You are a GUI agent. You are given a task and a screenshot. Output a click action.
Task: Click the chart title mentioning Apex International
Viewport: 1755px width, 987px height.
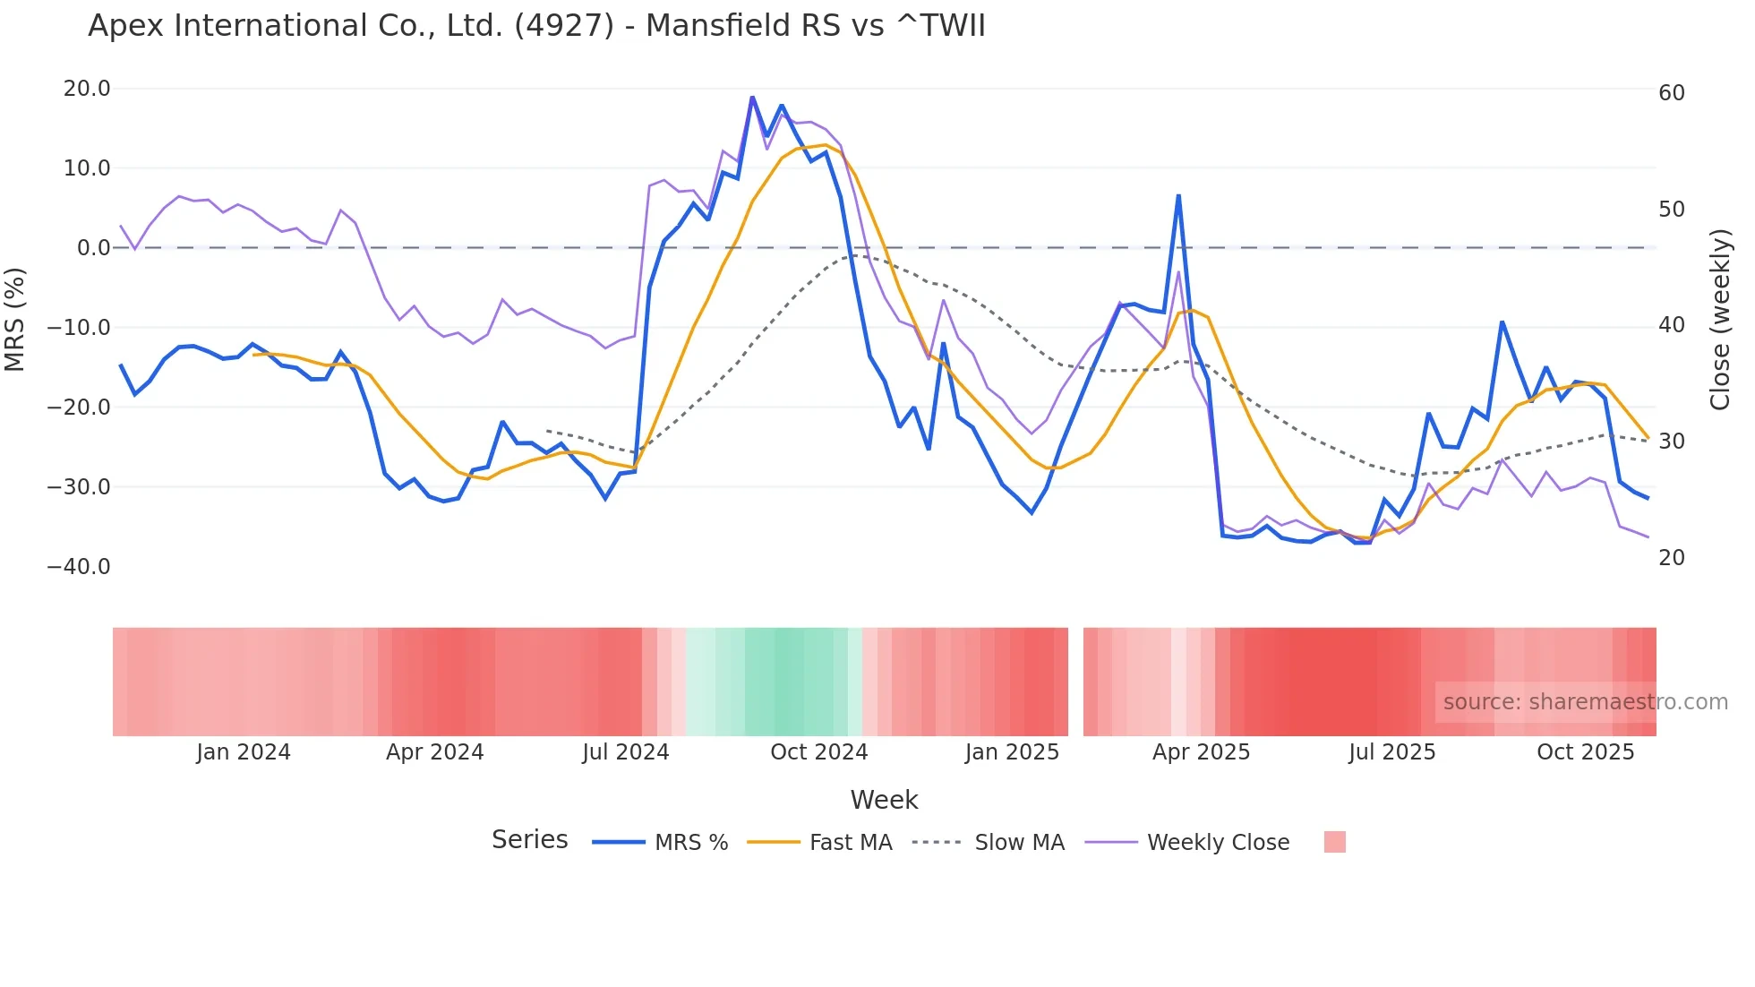535,26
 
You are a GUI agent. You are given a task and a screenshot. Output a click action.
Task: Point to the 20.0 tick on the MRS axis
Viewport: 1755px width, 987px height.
87,89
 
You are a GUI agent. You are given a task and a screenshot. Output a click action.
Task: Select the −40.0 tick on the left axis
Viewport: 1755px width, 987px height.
79,567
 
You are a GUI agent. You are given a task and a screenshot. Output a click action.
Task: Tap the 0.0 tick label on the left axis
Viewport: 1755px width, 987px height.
93,248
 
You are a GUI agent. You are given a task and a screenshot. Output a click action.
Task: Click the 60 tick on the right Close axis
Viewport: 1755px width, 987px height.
1671,93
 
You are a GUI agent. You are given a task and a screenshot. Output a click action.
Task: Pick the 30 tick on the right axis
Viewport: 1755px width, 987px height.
1671,442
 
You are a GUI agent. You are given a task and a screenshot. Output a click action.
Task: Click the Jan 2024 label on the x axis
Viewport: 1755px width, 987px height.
244,752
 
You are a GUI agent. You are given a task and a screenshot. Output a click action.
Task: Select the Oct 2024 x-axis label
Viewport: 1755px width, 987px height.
818,752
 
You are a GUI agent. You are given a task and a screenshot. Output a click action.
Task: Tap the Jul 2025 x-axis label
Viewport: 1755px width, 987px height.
1391,752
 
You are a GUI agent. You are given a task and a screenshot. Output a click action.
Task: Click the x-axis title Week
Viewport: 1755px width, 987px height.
884,800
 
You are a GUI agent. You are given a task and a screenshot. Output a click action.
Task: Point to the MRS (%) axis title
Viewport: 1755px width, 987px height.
15,320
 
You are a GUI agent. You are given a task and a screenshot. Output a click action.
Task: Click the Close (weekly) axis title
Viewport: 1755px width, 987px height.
1719,320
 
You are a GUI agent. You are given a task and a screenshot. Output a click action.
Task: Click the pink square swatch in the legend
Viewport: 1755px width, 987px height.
1334,843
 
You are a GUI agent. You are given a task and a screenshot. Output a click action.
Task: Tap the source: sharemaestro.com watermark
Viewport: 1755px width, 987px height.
1585,702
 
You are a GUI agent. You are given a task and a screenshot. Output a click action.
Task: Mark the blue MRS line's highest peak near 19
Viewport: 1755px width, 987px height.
752,97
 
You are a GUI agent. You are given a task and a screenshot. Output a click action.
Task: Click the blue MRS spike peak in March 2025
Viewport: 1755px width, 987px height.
1178,195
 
